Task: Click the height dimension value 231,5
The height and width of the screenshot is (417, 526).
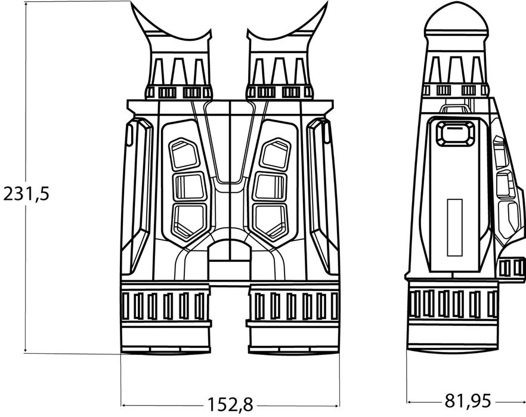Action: (x=26, y=194)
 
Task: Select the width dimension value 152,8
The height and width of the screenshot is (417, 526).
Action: (x=230, y=404)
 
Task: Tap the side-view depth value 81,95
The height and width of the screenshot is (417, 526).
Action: (x=468, y=400)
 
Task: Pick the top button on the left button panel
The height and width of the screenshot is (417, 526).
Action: (x=184, y=154)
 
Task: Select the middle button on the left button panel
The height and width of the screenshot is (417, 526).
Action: (x=190, y=187)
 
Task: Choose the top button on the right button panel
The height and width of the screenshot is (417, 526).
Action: (x=276, y=154)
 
